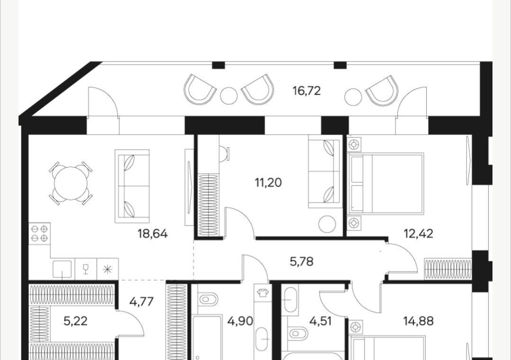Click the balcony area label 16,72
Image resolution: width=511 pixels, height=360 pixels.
pos(307,90)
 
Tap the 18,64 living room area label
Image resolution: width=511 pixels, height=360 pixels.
pos(152,234)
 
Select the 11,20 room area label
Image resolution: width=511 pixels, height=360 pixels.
pos(268,183)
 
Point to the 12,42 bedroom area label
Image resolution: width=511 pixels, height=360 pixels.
pos(419,234)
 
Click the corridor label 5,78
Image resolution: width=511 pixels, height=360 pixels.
pos(302,261)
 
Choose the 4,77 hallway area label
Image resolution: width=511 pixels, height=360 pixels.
pos(141,302)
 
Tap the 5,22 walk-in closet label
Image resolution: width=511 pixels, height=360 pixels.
pos(75,321)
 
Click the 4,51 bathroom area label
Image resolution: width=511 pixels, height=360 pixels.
pos(320,321)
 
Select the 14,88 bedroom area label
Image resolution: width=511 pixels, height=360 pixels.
pos(419,321)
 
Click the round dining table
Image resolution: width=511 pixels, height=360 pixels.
pos(71,183)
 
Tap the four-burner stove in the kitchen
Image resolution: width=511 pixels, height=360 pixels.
pos(39,234)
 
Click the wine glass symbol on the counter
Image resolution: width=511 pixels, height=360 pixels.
pos(86,269)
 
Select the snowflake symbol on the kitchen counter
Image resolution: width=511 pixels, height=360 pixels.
pos(107,270)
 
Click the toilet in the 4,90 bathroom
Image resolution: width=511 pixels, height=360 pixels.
pos(208,299)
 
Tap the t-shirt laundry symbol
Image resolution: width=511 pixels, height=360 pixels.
pos(262,293)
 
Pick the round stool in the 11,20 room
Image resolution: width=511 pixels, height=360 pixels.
pos(327,224)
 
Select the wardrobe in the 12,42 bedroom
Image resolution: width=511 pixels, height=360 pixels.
pos(448,269)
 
